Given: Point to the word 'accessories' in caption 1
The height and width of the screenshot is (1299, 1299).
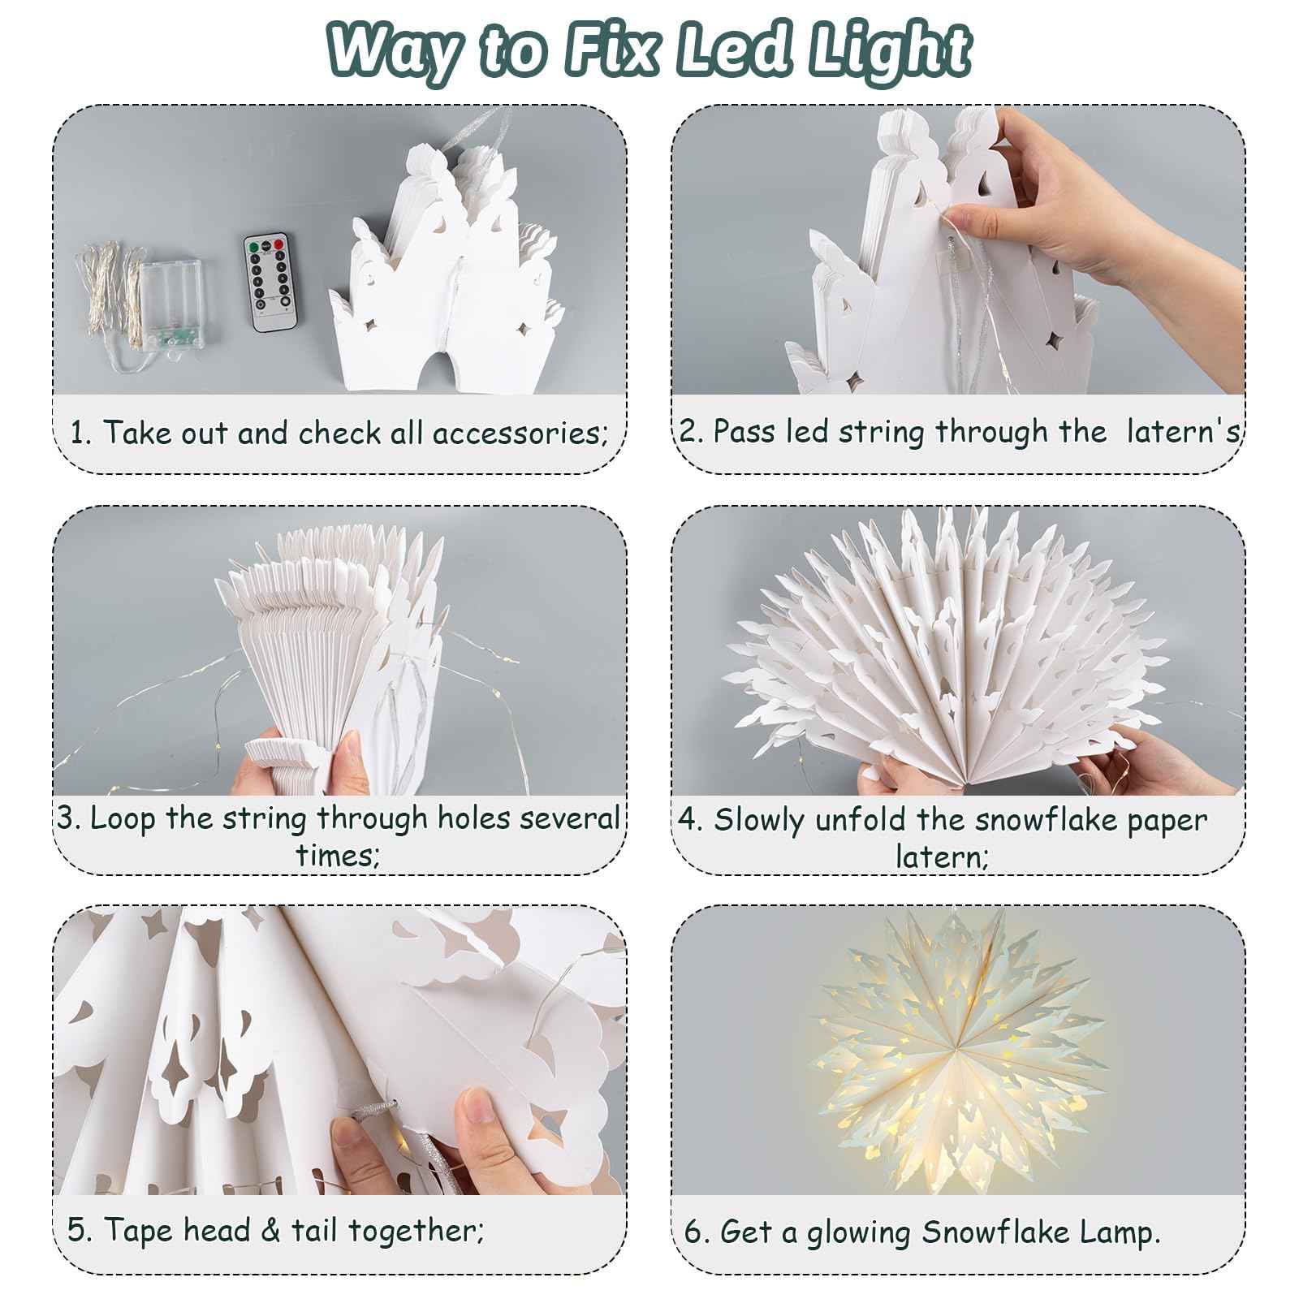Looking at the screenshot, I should point(520,434).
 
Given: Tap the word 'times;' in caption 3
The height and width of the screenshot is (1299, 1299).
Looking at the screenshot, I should point(338,855).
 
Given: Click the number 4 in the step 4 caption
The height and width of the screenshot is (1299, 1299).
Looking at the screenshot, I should point(690,820).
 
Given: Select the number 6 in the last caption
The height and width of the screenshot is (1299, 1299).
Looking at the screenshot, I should point(695,1232).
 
